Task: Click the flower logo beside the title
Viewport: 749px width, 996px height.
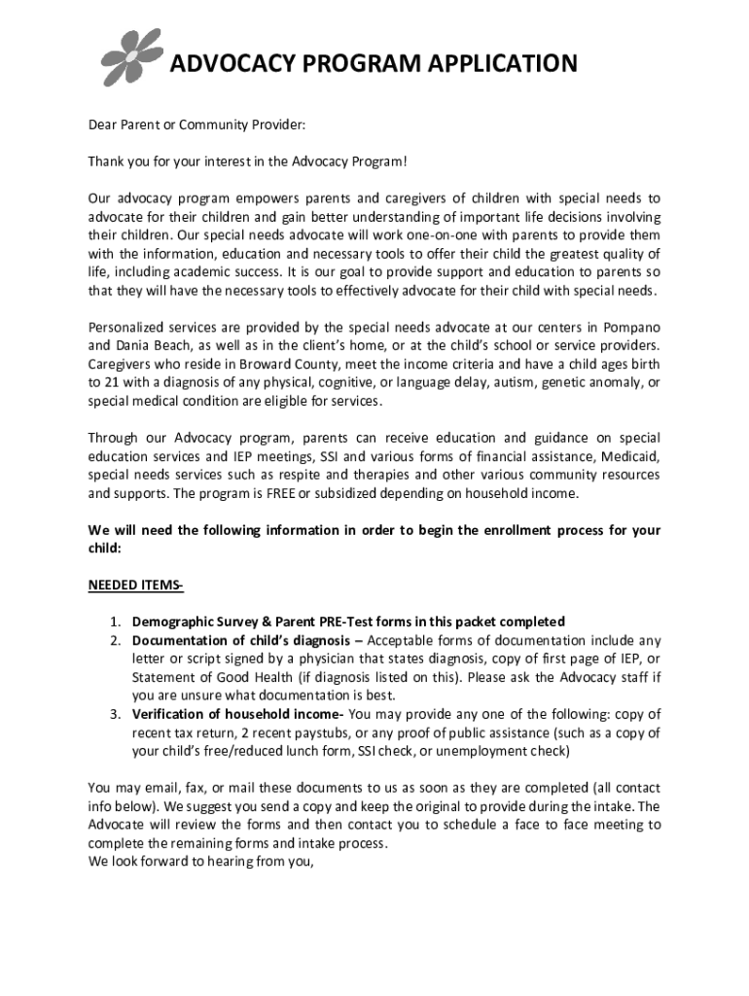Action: [x=132, y=57]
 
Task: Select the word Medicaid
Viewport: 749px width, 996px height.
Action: [x=630, y=456]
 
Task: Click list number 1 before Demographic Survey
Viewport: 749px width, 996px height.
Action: [x=114, y=622]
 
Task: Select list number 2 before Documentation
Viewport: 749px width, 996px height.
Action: [x=114, y=640]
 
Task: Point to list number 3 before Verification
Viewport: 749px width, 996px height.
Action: [x=114, y=714]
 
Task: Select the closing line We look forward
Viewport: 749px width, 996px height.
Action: [x=201, y=861]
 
